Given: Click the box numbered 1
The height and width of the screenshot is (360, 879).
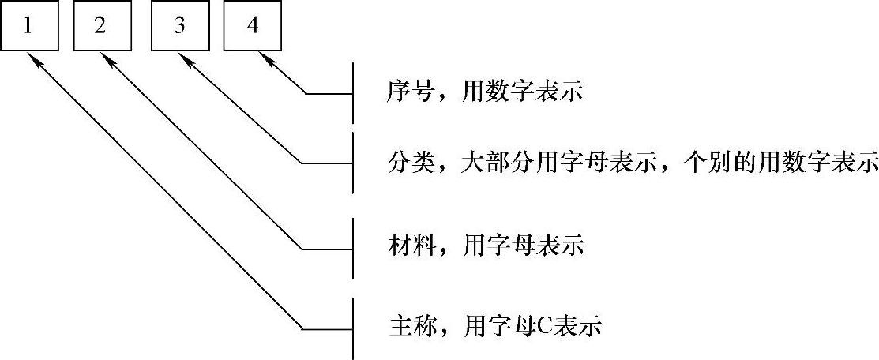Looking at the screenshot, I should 29,26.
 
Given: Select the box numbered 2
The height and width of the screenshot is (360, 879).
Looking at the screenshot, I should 100,26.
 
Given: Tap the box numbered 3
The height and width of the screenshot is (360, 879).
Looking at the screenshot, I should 180,26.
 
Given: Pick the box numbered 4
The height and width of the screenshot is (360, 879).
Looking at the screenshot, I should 252,26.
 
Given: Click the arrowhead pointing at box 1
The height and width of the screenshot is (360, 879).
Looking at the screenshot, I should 33,58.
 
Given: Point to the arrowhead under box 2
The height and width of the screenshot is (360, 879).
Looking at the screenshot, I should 104,58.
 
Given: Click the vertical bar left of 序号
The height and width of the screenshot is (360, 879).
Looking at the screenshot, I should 353,93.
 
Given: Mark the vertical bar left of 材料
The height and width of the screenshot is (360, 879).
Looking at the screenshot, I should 353,249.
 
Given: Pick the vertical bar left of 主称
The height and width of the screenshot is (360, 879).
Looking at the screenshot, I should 353,327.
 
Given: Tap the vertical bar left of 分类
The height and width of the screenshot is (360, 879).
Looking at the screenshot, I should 353,163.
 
